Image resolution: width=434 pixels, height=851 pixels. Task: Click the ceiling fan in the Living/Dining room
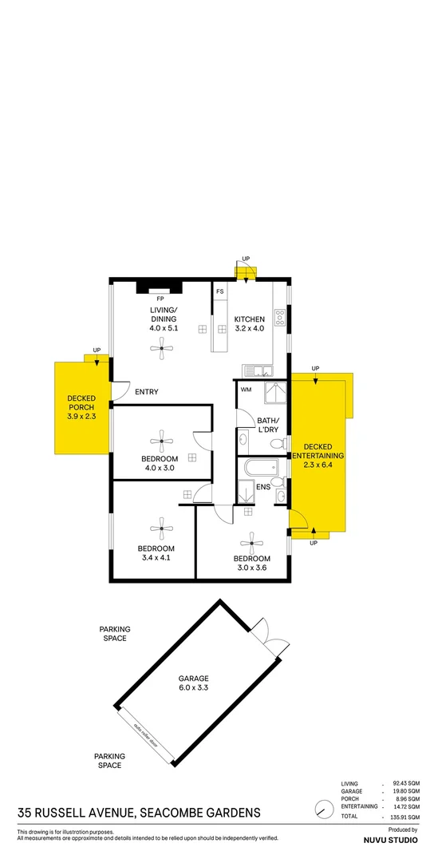163,346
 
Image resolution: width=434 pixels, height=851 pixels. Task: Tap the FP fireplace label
160,298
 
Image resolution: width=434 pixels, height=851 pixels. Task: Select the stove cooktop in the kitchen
280,318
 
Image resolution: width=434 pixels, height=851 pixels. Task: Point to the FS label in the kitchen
219,291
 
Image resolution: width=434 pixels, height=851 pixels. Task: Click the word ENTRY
147,392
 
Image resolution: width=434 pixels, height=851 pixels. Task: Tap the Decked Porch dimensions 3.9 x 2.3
80,417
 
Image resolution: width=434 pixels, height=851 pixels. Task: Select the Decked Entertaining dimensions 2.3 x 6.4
323,465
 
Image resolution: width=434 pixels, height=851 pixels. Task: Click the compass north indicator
324,809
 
